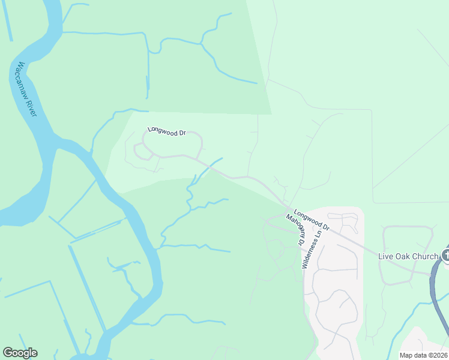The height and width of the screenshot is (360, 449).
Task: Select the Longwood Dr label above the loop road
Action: [167, 132]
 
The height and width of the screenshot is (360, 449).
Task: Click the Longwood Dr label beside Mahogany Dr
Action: [312, 220]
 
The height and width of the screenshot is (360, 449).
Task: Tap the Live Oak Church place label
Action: [408, 256]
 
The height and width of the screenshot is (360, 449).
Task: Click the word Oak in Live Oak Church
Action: [405, 256]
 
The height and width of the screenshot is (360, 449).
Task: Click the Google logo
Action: [20, 353]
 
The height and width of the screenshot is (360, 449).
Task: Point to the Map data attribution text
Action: [423, 355]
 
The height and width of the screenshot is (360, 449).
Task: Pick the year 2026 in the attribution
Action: [439, 355]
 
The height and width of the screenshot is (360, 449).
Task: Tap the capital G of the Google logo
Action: [8, 353]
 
